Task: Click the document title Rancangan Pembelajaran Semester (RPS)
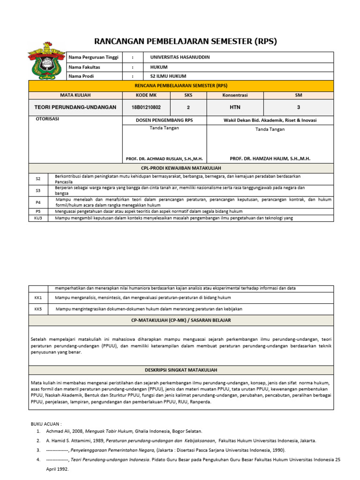[x=186, y=41]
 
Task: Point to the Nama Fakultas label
[x=84, y=67]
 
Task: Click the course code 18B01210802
[x=146, y=107]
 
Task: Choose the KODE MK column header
[x=146, y=95]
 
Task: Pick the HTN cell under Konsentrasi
[x=235, y=107]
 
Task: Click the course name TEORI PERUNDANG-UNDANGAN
[x=75, y=107]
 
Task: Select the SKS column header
[x=188, y=95]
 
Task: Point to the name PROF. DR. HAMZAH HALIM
[x=270, y=159]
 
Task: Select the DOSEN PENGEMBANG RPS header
[x=164, y=120]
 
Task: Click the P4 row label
[x=38, y=202]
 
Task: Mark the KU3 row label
[x=38, y=218]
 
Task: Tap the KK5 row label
[x=38, y=309]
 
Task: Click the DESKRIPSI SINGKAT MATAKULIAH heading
[x=181, y=370]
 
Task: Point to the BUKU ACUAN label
[x=46, y=424]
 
